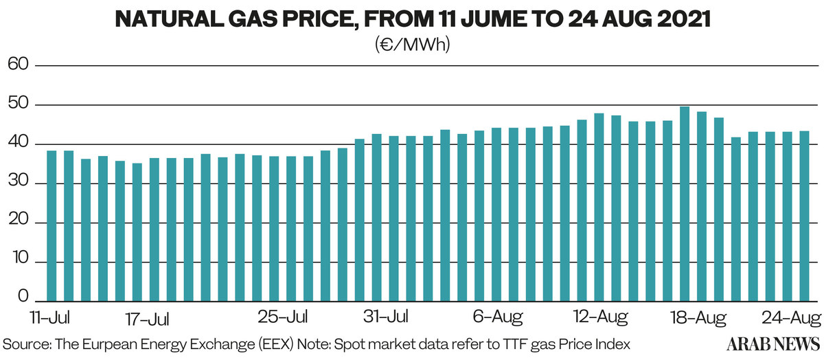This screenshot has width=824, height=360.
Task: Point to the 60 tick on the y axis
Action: [x=17, y=65]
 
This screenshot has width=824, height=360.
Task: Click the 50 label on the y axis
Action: [x=17, y=105]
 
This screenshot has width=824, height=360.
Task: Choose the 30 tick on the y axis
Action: [x=17, y=184]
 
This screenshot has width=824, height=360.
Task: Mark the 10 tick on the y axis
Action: [x=17, y=263]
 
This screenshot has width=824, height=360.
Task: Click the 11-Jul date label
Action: [x=50, y=318]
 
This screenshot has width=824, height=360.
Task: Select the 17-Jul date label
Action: [x=148, y=319]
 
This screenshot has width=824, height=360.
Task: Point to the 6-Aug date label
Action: [x=498, y=318]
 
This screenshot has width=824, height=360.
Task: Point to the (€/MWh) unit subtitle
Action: [x=412, y=45]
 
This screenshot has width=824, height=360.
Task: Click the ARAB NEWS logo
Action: [x=774, y=343]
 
